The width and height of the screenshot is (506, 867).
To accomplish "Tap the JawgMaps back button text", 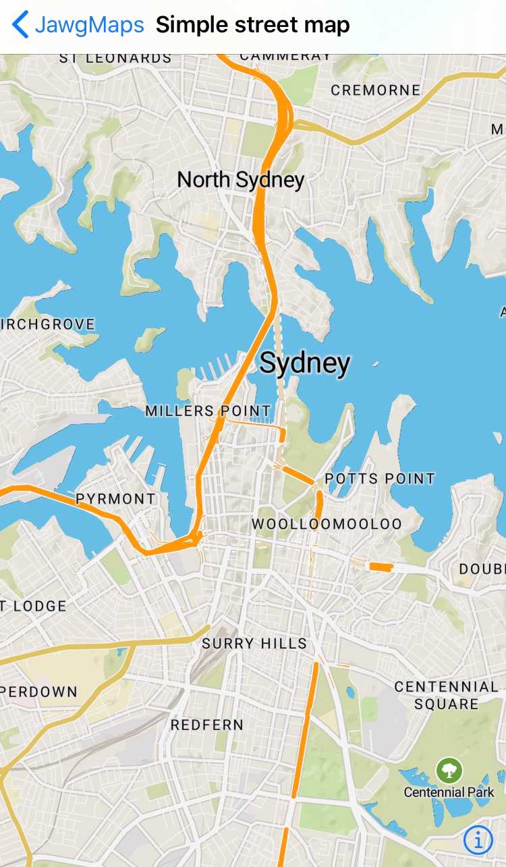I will click(x=89, y=25).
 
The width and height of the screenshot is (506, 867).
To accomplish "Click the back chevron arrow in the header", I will click(x=20, y=25).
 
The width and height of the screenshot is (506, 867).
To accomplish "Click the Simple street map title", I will click(x=252, y=25).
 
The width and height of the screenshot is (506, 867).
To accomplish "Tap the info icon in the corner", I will click(x=478, y=839).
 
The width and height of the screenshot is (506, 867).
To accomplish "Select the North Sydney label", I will click(x=240, y=180).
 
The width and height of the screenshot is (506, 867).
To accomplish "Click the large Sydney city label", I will click(x=305, y=363).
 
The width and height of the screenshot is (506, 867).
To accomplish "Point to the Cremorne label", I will click(x=375, y=90).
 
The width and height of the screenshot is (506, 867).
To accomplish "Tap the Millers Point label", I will click(x=208, y=411).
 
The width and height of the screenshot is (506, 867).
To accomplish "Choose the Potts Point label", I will click(x=380, y=479).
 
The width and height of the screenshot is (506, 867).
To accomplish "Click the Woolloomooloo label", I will click(x=327, y=524).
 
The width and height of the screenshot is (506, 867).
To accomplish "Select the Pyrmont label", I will click(x=115, y=499).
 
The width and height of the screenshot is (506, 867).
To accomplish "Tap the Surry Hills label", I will click(x=254, y=644).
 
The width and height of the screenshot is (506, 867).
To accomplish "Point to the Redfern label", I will click(x=206, y=725).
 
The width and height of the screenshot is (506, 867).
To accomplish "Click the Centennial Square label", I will click(x=446, y=695).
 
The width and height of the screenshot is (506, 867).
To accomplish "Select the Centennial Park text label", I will click(x=449, y=792).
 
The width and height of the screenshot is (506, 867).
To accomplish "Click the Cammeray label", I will click(x=285, y=57).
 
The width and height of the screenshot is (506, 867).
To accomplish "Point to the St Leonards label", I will click(x=115, y=59).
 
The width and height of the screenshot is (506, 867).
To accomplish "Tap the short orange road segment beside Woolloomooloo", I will click(x=381, y=567).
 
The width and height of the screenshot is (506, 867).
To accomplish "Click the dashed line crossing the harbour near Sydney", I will click(x=278, y=344).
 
